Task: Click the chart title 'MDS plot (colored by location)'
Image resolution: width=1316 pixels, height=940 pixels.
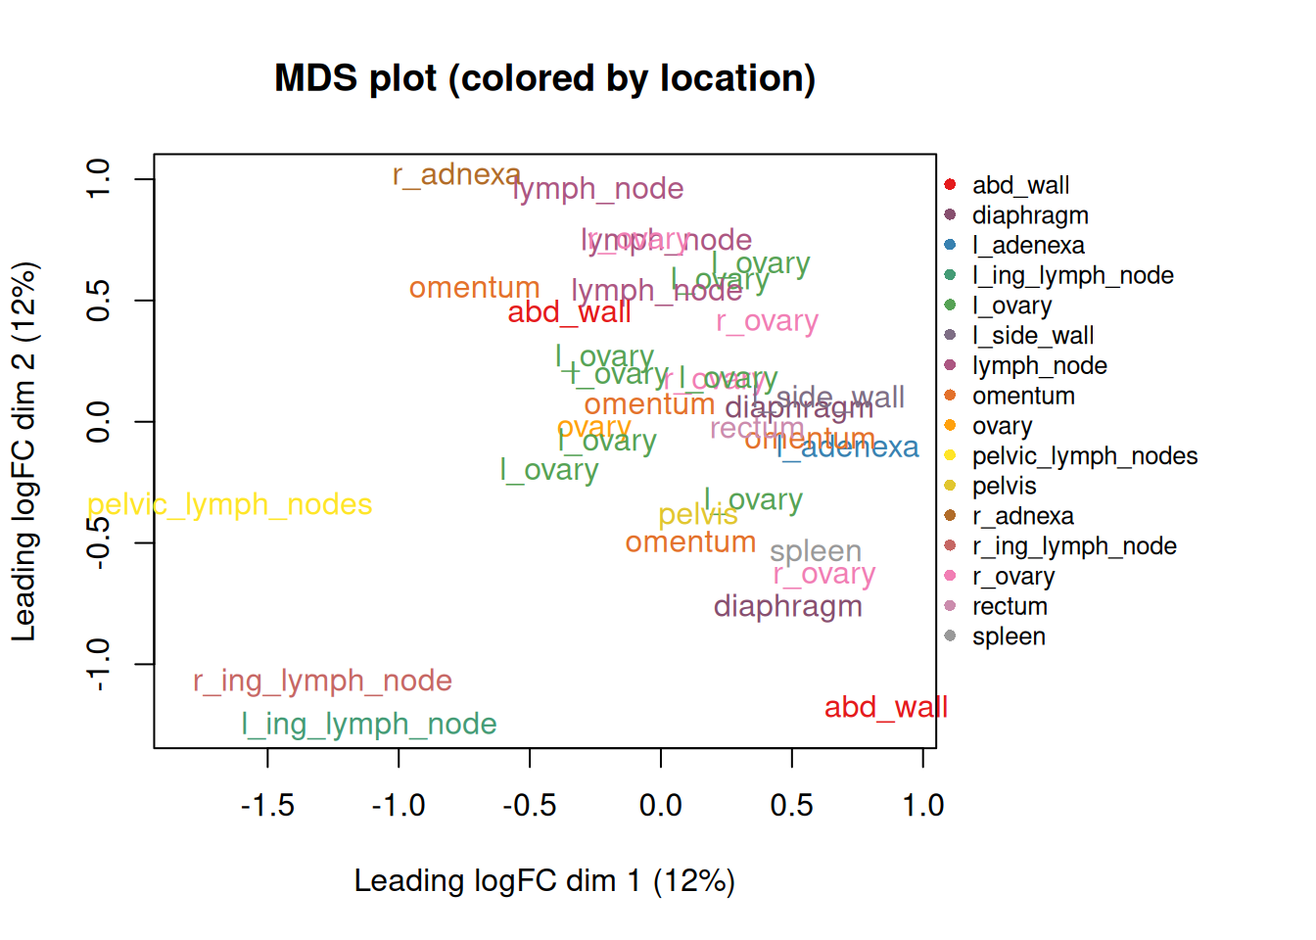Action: tap(544, 78)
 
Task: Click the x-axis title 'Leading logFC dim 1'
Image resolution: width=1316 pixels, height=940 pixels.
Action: tap(543, 880)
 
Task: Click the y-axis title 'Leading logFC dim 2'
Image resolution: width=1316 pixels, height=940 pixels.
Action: tap(23, 450)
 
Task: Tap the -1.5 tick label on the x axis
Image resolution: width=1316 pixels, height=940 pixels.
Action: tap(267, 806)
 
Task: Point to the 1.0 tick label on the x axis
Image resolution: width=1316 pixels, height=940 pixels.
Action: tap(922, 806)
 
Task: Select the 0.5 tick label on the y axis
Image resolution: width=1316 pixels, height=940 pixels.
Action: tap(98, 301)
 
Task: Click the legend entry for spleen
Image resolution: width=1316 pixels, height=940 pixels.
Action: tap(1008, 636)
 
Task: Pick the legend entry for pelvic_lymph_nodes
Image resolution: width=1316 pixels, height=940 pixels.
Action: tap(1084, 456)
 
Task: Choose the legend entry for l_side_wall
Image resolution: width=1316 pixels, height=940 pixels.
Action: tap(1032, 336)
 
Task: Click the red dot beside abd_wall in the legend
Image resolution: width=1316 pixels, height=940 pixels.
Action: tap(950, 185)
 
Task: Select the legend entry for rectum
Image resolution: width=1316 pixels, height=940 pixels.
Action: tap(1009, 607)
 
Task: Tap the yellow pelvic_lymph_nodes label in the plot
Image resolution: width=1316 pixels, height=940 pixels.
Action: tap(230, 504)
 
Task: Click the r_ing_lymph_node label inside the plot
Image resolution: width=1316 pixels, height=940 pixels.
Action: tap(322, 681)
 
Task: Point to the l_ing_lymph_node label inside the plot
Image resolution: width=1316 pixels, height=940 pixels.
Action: tap(369, 724)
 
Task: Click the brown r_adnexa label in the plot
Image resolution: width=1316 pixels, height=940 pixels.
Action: tap(455, 174)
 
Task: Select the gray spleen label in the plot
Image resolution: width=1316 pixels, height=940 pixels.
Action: tap(815, 551)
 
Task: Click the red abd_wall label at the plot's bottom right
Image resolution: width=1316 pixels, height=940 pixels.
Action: tap(885, 707)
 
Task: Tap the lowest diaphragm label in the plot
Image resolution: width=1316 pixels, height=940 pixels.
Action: tap(787, 606)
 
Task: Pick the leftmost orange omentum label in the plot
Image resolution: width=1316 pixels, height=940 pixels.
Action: tap(474, 288)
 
